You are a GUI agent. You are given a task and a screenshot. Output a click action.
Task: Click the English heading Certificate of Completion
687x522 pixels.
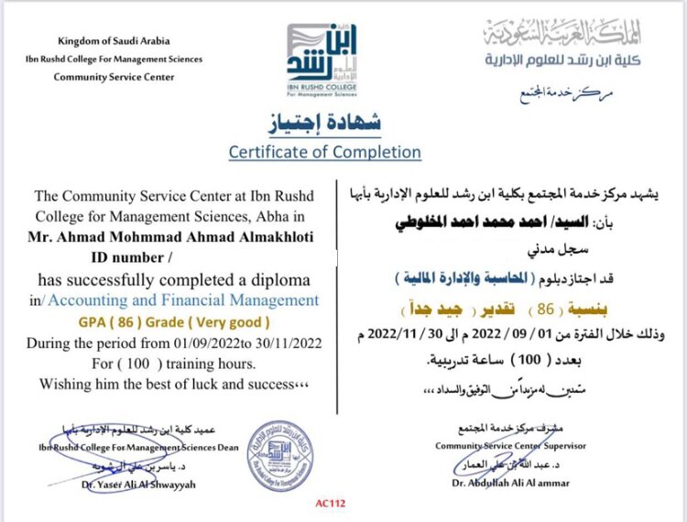pyautogui.click(x=325, y=152)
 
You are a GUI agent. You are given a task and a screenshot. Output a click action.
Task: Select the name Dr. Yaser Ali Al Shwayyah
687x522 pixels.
pyautogui.click(x=130, y=484)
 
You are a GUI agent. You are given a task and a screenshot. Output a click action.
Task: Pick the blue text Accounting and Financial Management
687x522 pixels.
pyautogui.click(x=184, y=300)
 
